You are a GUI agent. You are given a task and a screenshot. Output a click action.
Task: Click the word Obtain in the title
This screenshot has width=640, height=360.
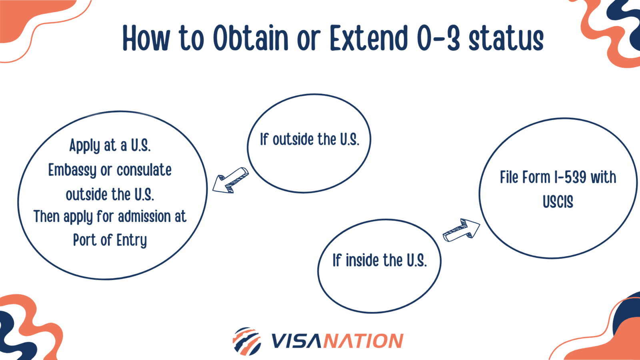point(250,39)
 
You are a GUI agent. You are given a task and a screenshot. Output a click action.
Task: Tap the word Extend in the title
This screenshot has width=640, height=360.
point(368,39)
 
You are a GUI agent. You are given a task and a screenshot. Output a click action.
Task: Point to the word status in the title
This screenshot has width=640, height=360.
point(506,40)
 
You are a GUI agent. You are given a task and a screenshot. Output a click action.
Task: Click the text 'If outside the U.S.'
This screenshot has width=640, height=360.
point(309,140)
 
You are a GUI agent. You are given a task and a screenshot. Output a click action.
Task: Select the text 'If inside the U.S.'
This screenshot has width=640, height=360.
point(379,261)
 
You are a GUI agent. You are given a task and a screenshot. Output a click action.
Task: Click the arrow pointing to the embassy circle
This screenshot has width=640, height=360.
point(230,180)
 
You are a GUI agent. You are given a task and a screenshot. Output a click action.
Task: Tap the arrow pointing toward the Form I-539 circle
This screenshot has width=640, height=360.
point(462,230)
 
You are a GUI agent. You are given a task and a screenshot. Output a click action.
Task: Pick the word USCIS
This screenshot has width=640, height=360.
point(558,202)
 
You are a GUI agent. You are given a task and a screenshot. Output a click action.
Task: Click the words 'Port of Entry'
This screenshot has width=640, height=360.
point(110,240)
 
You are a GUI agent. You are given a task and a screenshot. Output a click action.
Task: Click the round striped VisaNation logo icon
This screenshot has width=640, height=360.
point(247,341)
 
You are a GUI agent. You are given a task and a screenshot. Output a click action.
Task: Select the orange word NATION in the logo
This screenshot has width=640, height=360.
point(363,341)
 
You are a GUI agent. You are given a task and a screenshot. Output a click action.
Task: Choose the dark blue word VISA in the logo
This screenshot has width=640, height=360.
point(296,341)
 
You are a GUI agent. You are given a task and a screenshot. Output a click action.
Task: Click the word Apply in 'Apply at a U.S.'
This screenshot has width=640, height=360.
point(84,146)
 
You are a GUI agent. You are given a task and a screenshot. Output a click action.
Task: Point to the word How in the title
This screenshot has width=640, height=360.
point(146,39)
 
